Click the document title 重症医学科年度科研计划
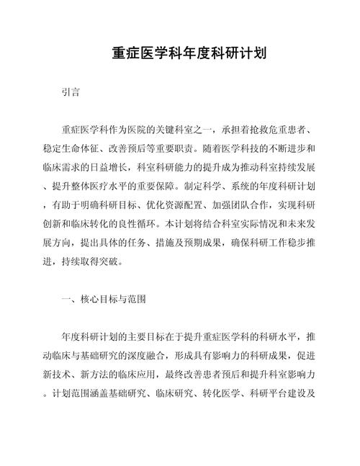[180, 53]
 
